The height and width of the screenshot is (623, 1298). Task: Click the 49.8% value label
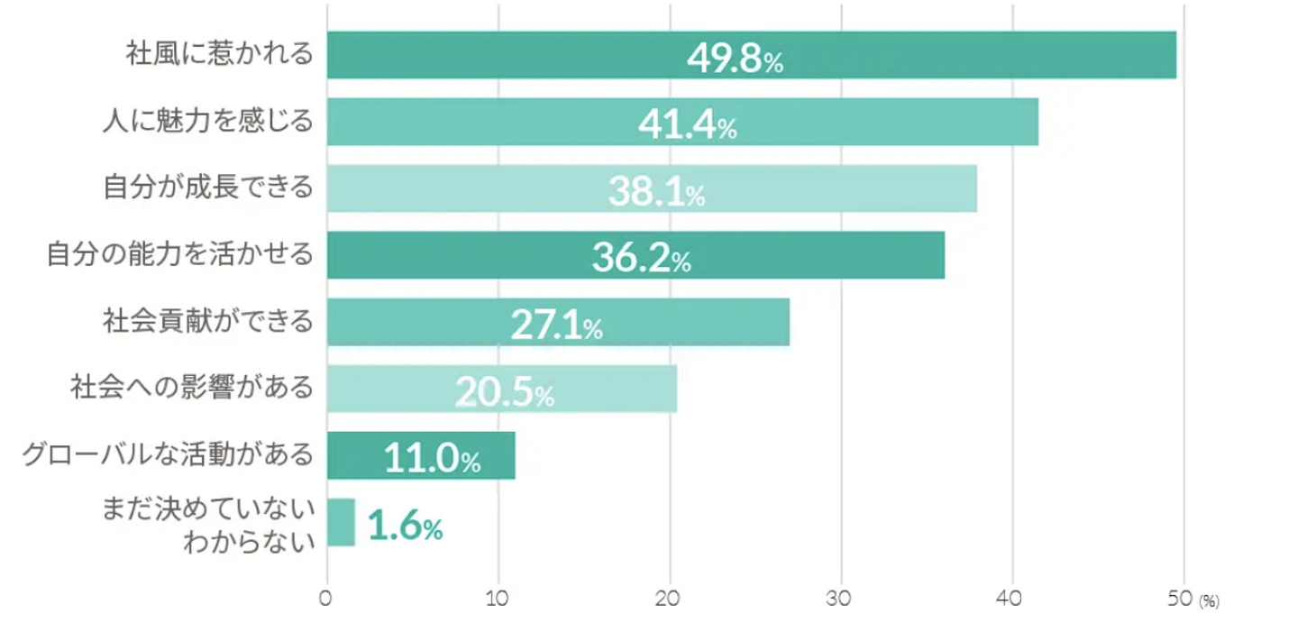tap(735, 59)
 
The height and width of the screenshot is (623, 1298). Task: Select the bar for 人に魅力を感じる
tap(682, 122)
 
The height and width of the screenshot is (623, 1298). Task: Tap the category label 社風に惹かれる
tap(219, 54)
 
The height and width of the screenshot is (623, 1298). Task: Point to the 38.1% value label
tap(656, 191)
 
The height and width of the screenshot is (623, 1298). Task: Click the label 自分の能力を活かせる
tap(180, 254)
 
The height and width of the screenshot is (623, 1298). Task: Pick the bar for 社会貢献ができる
tap(558, 322)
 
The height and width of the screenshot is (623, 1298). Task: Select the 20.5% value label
tap(504, 392)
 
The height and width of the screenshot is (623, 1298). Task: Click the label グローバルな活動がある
tap(169, 454)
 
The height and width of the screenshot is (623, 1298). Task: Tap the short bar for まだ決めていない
tap(341, 522)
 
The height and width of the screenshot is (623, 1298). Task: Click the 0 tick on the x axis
tap(326, 598)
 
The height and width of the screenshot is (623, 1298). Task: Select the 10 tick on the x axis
tap(498, 598)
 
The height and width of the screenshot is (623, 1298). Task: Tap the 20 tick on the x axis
tap(670, 598)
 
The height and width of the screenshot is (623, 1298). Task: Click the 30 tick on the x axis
tap(841, 598)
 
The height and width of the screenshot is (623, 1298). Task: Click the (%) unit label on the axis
tap(1209, 600)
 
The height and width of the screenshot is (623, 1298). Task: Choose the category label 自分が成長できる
tap(208, 188)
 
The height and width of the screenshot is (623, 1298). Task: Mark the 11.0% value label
tap(433, 459)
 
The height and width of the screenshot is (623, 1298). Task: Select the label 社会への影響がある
tap(192, 388)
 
